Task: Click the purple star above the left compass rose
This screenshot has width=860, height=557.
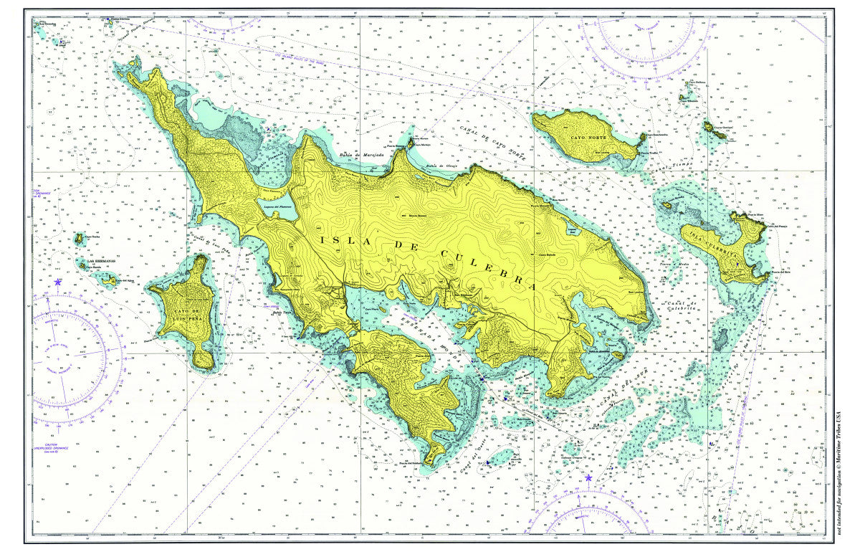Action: point(57,282)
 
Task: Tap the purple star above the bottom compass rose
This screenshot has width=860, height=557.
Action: point(588,477)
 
